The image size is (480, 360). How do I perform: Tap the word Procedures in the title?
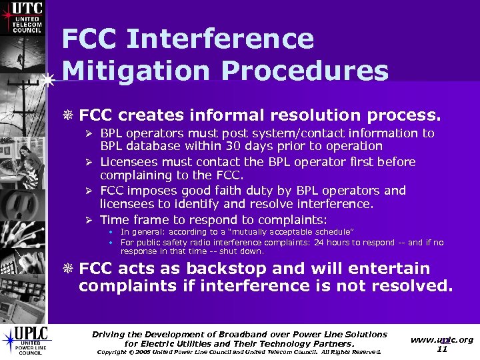313,69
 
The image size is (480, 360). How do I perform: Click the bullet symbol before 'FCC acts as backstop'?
69,269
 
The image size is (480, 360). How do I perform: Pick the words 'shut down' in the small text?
246,252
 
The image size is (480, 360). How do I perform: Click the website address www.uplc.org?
442,339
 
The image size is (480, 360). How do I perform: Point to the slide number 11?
442,349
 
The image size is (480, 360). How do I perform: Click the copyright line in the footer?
239,352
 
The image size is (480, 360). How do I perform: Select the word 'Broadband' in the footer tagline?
251,334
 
